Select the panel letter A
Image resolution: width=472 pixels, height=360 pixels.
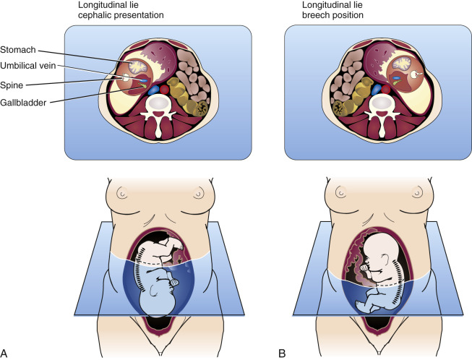point(7,351)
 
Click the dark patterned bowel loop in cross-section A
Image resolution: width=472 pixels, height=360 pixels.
point(193,107)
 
